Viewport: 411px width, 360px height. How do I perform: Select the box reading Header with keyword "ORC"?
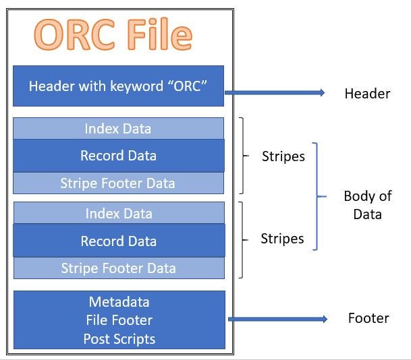[x=118, y=86]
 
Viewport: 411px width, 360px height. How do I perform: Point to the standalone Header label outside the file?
[x=367, y=93]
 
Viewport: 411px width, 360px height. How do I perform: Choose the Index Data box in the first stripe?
[x=118, y=128]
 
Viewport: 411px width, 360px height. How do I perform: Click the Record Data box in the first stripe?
[x=118, y=155]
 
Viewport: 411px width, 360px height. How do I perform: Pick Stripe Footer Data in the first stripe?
[x=118, y=183]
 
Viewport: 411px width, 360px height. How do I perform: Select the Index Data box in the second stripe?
[x=118, y=214]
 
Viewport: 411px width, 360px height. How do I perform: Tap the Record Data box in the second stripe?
[x=118, y=241]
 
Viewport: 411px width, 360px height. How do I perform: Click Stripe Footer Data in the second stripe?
[x=118, y=268]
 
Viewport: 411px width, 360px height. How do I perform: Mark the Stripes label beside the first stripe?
[x=283, y=156]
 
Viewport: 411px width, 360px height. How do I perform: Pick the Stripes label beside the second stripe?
[x=282, y=239]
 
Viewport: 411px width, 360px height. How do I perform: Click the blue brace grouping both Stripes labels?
[x=316, y=196]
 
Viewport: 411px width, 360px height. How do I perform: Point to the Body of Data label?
[x=367, y=205]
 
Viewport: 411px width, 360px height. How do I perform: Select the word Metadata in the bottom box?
[x=119, y=301]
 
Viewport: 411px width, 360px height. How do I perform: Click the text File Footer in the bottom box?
[x=119, y=320]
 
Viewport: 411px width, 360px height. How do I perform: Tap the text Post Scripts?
[x=119, y=338]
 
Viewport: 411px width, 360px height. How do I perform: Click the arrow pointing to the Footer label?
[x=277, y=319]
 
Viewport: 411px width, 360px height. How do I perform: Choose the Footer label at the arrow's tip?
[x=368, y=318]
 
